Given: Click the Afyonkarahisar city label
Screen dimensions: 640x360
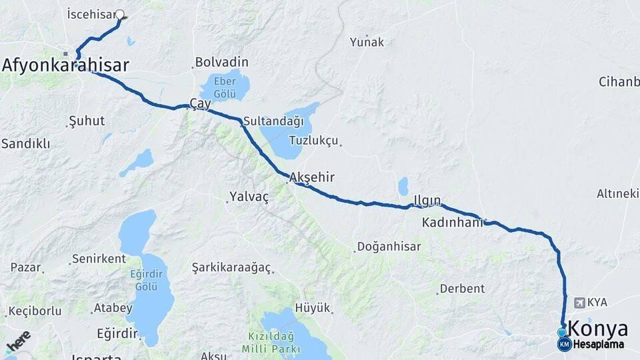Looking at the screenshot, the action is [x=65, y=65].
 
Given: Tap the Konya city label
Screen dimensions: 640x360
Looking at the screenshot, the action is [x=599, y=329].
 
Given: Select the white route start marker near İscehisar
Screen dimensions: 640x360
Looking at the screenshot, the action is [x=120, y=14].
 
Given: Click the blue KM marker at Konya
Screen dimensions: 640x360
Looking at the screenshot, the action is [x=565, y=345].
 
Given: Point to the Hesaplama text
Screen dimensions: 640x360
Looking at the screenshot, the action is [x=599, y=345].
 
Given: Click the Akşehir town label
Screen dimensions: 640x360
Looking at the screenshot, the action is [x=312, y=177].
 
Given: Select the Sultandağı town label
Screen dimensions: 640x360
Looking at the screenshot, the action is [x=273, y=121].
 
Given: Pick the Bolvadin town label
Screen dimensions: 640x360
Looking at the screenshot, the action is [x=221, y=63].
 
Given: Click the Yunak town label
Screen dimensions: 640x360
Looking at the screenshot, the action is [x=367, y=42].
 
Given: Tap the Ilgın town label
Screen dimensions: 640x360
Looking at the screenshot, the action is [x=427, y=200].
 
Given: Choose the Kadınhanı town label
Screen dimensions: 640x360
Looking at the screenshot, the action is [x=452, y=223].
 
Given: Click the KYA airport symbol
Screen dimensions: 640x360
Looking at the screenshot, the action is [x=579, y=303].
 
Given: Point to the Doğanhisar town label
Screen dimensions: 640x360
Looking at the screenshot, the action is [x=389, y=247].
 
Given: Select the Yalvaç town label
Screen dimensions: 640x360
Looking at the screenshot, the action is [x=249, y=197].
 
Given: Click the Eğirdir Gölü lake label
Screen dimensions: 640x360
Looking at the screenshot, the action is [x=145, y=279].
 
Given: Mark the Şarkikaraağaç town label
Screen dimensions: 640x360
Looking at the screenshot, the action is [x=231, y=267].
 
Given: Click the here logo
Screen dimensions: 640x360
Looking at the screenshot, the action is [x=18, y=341].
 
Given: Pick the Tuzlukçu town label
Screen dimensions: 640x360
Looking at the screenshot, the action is [x=315, y=141].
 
